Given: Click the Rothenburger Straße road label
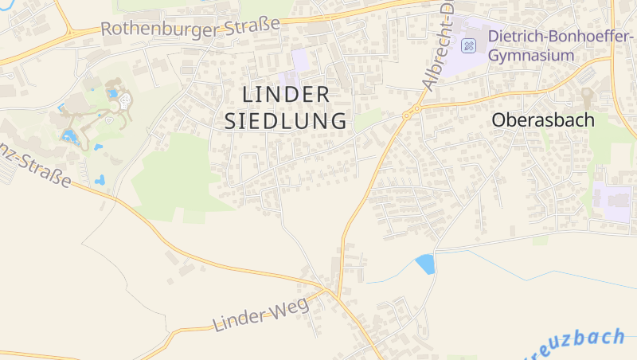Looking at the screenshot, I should coord(191,27).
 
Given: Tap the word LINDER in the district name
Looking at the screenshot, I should coord(286,95).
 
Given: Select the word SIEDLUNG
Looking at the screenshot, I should coord(286,122).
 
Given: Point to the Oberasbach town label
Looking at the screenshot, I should coord(544,120).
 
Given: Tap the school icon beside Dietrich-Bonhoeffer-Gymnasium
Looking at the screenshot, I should coord(470,45).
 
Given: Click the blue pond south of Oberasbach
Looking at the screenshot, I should coord(426,264).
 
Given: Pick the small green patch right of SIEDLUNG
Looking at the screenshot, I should coord(367,120).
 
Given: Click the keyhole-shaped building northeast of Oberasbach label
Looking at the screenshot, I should coord(588,98).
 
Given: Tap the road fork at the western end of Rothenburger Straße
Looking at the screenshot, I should coord(69,33).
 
